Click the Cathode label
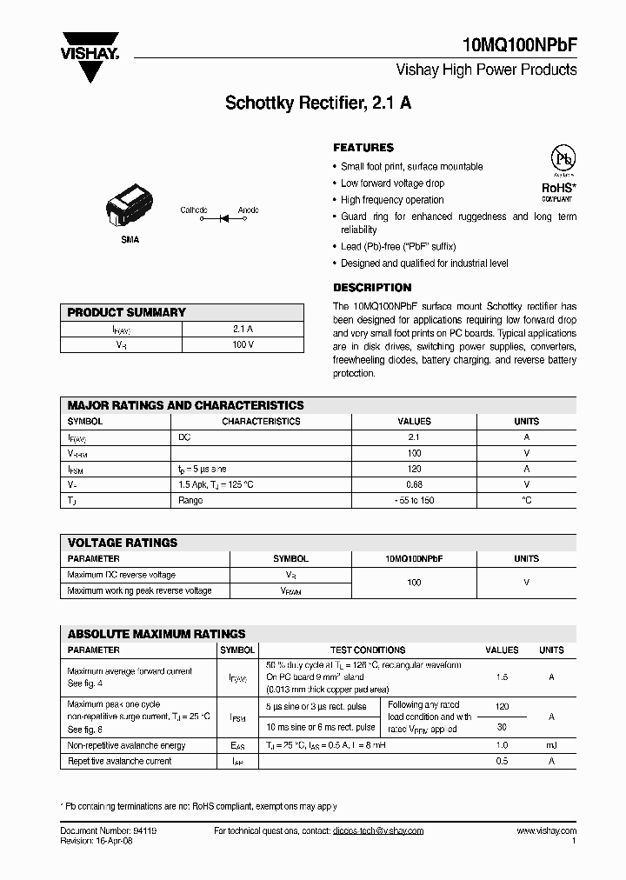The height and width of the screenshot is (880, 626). click(x=194, y=210)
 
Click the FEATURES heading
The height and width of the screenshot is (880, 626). click(x=363, y=148)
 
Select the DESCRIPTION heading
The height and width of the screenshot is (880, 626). click(x=372, y=288)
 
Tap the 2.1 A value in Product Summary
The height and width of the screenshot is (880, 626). click(x=243, y=330)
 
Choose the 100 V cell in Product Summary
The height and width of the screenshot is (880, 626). click(x=243, y=345)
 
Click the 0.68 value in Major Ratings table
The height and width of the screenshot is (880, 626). click(x=414, y=484)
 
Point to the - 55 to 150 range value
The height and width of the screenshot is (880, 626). click(x=414, y=500)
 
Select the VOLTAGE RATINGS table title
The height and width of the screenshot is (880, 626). click(x=122, y=543)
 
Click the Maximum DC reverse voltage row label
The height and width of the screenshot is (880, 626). click(x=121, y=575)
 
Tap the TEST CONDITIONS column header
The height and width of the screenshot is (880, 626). click(x=367, y=650)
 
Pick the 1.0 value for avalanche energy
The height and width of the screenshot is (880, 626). click(x=502, y=745)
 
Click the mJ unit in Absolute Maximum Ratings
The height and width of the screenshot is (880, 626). click(x=551, y=745)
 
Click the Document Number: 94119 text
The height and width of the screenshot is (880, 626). click(x=109, y=830)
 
